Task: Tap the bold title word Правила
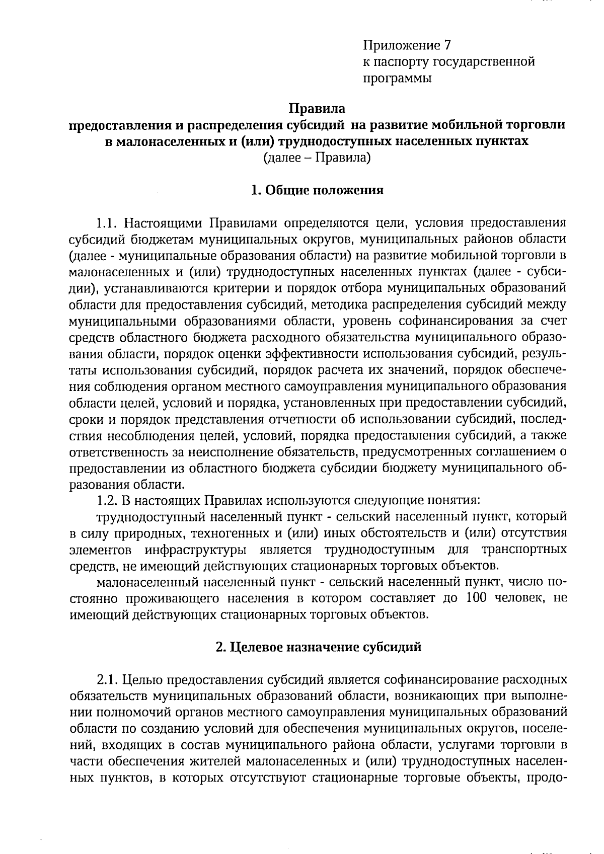317,108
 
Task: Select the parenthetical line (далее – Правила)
317,158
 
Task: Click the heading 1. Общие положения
317,190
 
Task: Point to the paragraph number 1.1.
107,222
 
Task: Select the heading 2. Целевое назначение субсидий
318,647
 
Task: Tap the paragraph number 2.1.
107,680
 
